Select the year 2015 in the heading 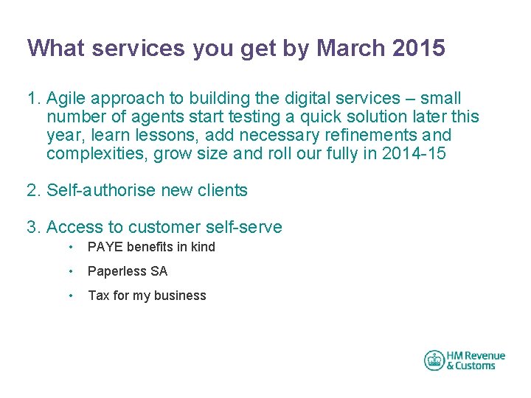tap(419, 49)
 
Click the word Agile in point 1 tap(66, 99)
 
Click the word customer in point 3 tap(162, 228)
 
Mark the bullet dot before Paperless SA tap(70, 271)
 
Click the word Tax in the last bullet tap(98, 296)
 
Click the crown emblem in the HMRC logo tap(434, 360)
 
